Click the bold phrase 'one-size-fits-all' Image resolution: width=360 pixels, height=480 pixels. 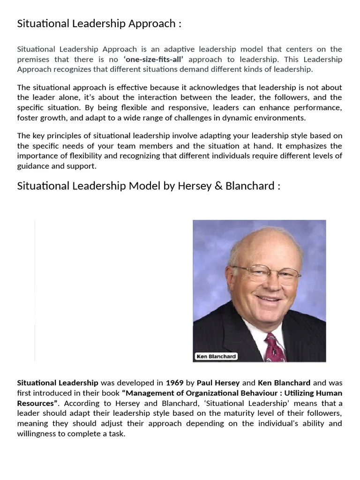153,60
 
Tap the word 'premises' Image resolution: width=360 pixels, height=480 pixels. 31,60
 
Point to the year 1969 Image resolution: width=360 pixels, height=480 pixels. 175,383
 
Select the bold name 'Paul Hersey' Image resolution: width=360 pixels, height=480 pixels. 218,383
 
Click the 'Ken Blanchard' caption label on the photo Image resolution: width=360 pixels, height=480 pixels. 217,357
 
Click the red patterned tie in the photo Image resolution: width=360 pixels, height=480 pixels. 275,349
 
